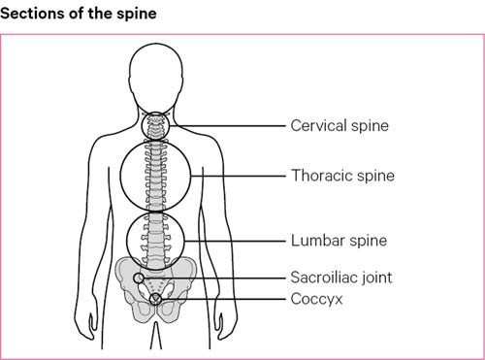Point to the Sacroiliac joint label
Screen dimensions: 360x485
(x=341, y=278)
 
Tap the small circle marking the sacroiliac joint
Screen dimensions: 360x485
(x=139, y=278)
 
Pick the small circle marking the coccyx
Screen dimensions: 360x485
(x=155, y=299)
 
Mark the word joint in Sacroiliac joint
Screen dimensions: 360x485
(x=374, y=278)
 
